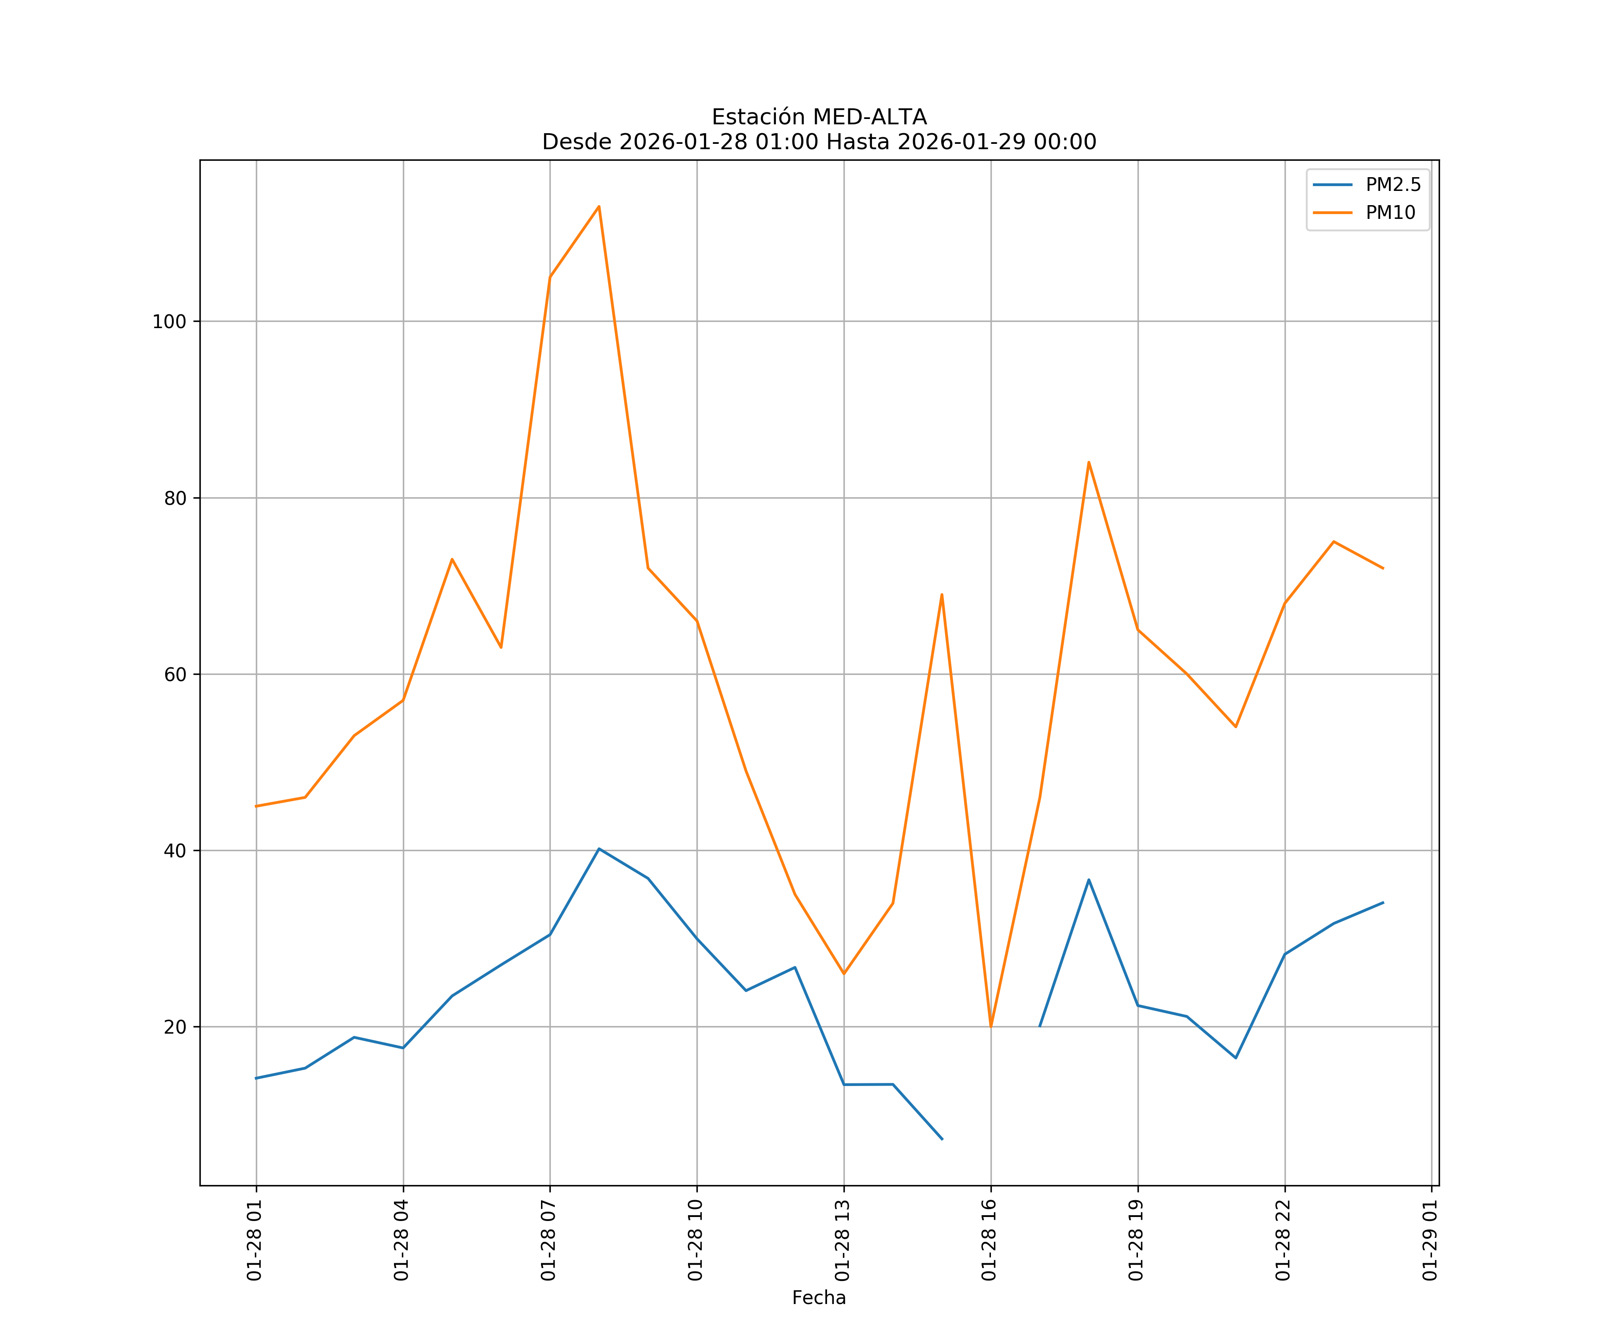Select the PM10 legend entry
coord(1390,213)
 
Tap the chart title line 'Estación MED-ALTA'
coord(819,117)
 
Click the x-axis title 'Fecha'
coord(819,1298)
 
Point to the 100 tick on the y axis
coord(169,321)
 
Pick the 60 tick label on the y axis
coord(175,674)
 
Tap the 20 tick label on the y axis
coord(175,1027)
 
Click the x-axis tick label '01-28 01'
coord(255,1240)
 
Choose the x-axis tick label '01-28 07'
coord(549,1240)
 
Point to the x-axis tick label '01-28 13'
coord(843,1240)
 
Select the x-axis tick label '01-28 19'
coord(1137,1240)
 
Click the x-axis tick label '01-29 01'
coord(1431,1240)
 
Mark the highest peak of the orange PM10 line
coord(599,206)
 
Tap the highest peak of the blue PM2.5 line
coord(599,848)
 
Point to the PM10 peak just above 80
coord(1089,462)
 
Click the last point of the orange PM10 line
coord(1383,569)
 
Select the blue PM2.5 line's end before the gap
coord(942,1139)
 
